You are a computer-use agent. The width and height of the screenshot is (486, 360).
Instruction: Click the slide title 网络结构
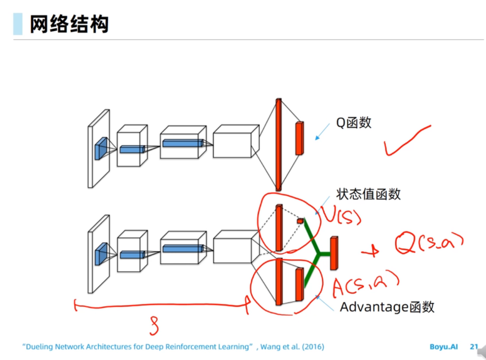coord(69,24)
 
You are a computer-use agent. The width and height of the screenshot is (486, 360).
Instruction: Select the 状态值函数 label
coord(368,194)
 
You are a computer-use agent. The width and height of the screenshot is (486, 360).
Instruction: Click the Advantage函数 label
coord(387,307)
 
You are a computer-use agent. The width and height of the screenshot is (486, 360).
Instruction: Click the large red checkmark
coord(405,141)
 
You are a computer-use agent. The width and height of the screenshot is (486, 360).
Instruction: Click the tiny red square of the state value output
coord(300,221)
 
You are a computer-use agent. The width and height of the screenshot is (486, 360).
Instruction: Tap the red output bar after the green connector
coord(334,253)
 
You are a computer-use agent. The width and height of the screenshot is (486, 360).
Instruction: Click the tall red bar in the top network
coord(279,144)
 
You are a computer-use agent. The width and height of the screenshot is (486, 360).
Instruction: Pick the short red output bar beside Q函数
coord(299,138)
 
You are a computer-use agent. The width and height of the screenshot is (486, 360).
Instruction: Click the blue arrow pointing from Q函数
coord(323,132)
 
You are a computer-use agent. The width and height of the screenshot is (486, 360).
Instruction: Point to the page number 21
coord(474,347)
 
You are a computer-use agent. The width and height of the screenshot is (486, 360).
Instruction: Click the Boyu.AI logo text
coord(444,347)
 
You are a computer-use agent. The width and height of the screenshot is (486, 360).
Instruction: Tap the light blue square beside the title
coord(18,24)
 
